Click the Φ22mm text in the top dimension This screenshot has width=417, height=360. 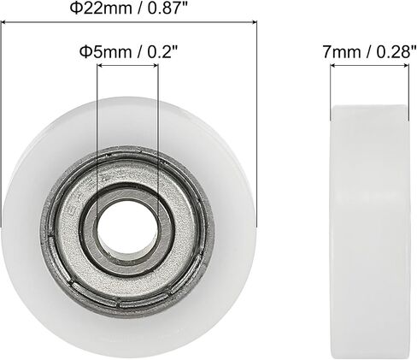click(101, 9)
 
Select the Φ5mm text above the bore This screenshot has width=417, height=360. click(105, 52)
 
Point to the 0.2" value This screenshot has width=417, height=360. click(162, 52)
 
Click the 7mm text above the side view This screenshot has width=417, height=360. click(342, 52)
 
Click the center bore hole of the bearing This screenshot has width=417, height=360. click(128, 227)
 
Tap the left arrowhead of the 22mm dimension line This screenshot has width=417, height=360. click(3, 22)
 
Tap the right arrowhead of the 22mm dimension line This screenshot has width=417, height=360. click(254, 22)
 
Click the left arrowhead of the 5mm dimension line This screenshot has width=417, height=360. click(100, 66)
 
